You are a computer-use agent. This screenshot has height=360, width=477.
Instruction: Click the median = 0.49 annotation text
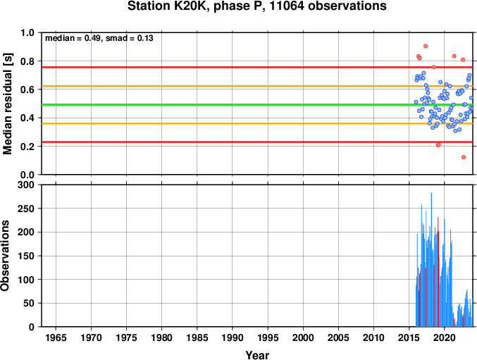pyautogui.click(x=73, y=38)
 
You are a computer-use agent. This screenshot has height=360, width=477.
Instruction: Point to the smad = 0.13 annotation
pyautogui.click(x=129, y=38)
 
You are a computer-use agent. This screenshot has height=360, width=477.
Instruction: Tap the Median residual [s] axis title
pyautogui.click(x=7, y=104)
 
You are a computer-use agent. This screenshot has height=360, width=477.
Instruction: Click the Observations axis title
pyautogui.click(x=5, y=256)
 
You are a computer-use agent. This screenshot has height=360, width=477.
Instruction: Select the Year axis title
pyautogui.click(x=257, y=355)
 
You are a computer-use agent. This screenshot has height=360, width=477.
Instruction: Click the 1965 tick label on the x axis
pyautogui.click(x=56, y=337)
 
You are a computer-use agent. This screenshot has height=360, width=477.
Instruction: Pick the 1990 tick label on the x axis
pyautogui.click(x=233, y=337)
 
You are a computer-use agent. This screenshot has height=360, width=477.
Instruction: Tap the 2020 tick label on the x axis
pyautogui.click(x=445, y=337)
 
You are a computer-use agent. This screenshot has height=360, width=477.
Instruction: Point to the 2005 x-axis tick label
pyautogui.click(x=338, y=337)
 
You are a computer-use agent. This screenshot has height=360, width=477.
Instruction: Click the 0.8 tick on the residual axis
pyautogui.click(x=27, y=61)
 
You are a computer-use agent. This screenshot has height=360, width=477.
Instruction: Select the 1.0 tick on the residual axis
pyautogui.click(x=27, y=32)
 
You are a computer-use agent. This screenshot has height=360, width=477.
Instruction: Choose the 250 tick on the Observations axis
pyautogui.click(x=26, y=209)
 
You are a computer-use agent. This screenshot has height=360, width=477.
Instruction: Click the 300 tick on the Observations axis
pyautogui.click(x=26, y=185)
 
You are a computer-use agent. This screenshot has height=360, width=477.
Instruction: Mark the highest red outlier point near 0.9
pyautogui.click(x=426, y=46)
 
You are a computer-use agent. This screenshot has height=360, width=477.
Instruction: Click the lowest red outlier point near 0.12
pyautogui.click(x=464, y=157)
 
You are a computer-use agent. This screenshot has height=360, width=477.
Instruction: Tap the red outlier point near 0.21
pyautogui.click(x=438, y=144)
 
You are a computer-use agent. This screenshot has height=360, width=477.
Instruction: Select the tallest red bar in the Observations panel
pyautogui.click(x=438, y=272)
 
